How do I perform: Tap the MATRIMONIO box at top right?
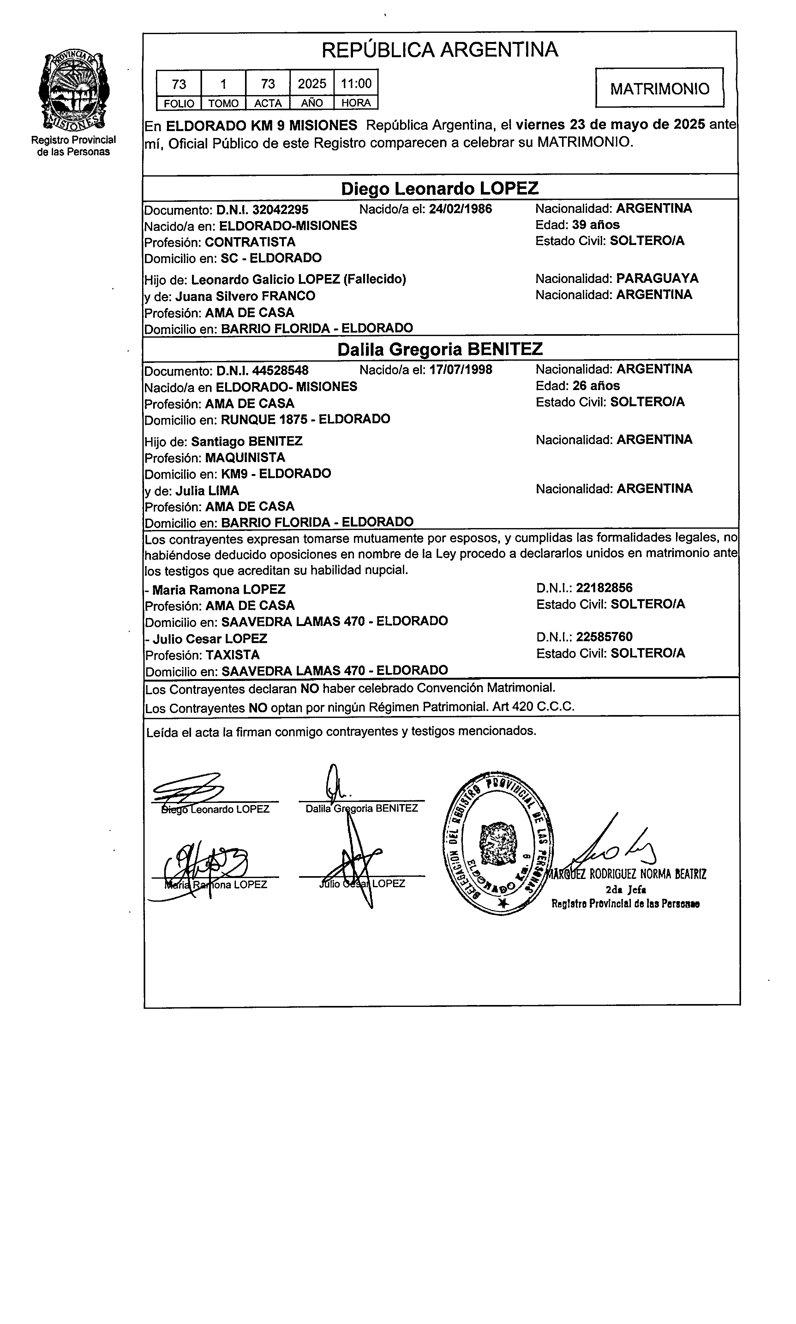(659, 88)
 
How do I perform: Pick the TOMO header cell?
(223, 103)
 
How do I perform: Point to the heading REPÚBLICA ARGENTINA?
(440, 50)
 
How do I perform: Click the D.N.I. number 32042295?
(280, 209)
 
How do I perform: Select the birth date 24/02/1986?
(460, 209)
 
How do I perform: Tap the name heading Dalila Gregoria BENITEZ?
(440, 349)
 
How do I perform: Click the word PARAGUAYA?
(657, 279)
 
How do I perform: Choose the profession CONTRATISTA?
(250, 242)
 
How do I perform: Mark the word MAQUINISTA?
(245, 458)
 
